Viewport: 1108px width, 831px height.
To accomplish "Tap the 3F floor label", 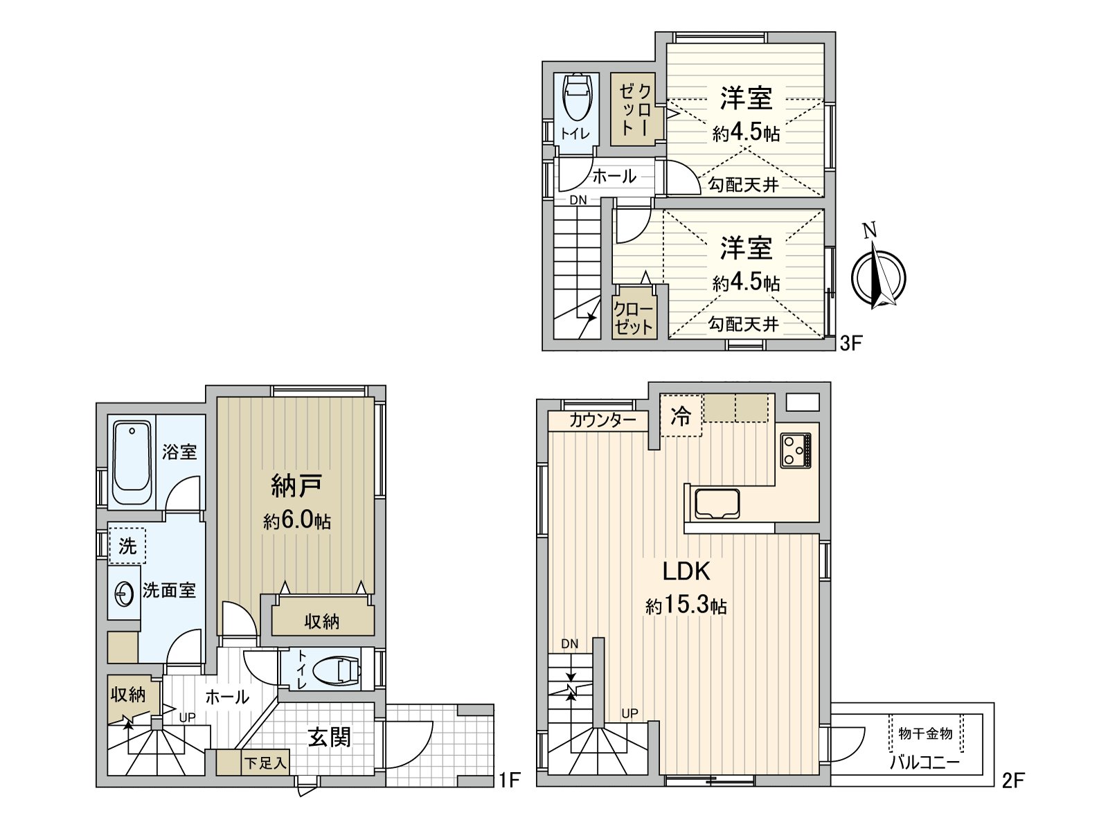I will [x=850, y=343].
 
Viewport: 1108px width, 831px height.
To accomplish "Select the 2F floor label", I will [x=1012, y=780].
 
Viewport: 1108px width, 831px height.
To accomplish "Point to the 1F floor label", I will [x=509, y=780].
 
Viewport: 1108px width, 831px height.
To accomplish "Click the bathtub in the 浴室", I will [x=132, y=463].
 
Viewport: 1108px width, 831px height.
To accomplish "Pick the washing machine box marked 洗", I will [x=127, y=546].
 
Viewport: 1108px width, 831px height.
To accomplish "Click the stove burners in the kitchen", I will [x=796, y=450].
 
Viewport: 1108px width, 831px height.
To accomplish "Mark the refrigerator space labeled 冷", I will [x=681, y=416].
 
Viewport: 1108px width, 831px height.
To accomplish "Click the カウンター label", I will [x=602, y=420].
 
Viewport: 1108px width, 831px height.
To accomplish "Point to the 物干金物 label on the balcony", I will [x=926, y=733].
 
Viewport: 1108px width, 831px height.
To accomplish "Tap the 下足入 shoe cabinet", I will [x=264, y=764].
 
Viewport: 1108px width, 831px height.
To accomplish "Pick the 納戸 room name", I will [x=296, y=486].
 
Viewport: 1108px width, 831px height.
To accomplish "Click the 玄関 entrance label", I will [x=330, y=738].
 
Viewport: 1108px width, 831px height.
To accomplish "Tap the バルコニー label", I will [x=924, y=763].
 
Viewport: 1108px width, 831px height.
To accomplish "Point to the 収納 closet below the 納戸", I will [x=322, y=621].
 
